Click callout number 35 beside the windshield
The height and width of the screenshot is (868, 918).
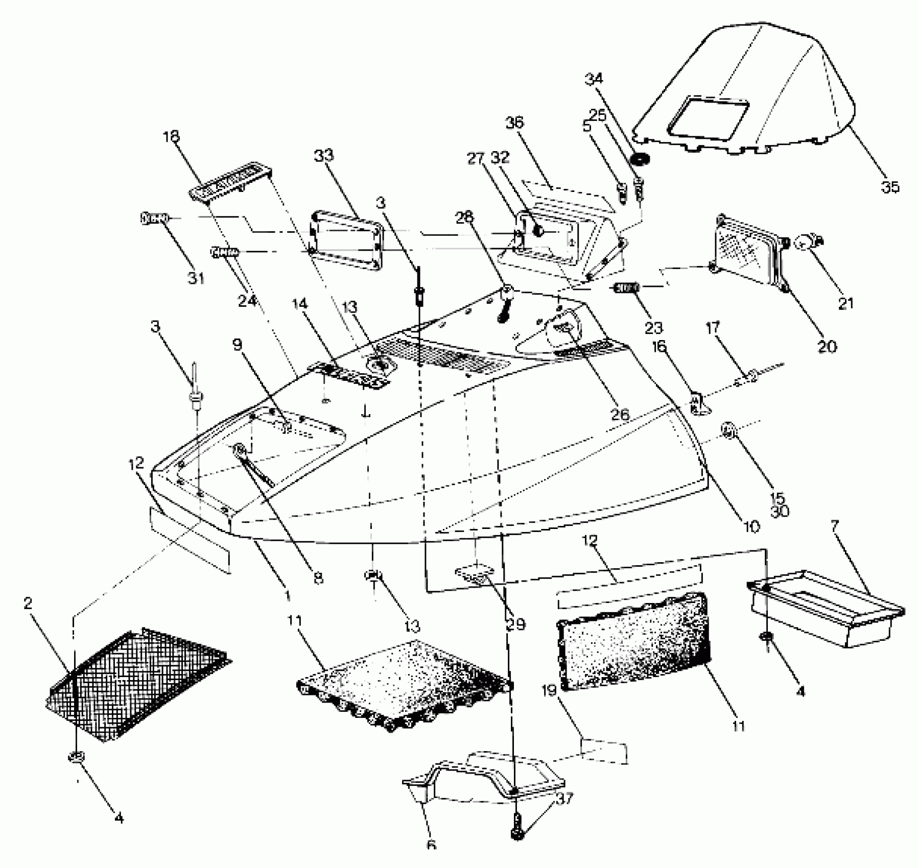(890, 187)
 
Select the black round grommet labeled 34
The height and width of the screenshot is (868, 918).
(639, 159)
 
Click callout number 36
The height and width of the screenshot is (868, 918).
(515, 123)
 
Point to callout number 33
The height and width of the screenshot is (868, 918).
(323, 156)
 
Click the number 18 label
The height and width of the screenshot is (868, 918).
(172, 137)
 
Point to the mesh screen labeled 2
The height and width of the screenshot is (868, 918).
(138, 684)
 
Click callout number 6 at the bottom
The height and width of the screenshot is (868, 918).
(431, 845)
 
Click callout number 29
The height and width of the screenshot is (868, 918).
(514, 623)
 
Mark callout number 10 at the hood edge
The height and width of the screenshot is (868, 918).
(751, 526)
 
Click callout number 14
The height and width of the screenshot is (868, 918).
(300, 304)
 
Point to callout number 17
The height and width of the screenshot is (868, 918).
(713, 328)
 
